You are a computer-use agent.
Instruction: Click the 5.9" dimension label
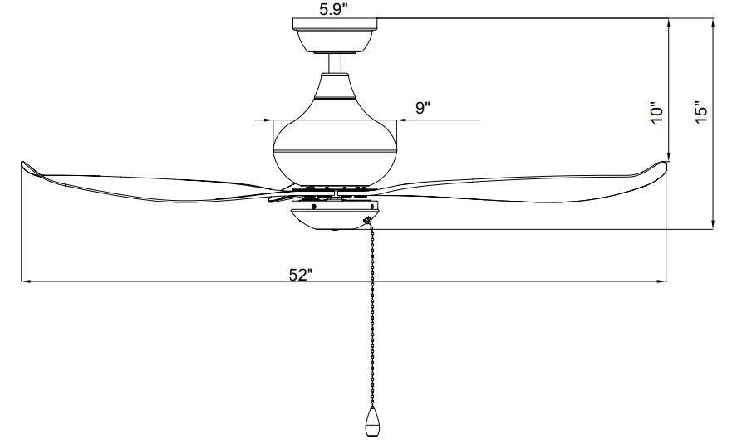[333, 9]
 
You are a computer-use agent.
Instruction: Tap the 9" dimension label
[423, 108]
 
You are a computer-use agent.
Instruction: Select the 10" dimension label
[656, 113]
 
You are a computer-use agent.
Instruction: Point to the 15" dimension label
[700, 112]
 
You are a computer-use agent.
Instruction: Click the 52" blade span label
[301, 275]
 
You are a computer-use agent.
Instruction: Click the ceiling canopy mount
[335, 35]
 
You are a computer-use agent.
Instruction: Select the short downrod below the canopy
[335, 63]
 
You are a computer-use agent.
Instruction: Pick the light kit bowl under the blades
[333, 216]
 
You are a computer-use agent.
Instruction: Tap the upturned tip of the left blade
[29, 168]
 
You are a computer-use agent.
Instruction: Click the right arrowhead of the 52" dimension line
[661, 281]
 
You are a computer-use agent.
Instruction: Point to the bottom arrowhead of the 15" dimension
[713, 224]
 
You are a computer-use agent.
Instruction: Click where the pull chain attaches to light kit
[367, 220]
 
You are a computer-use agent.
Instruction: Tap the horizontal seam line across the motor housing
[335, 151]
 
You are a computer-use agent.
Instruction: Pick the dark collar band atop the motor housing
[335, 98]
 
